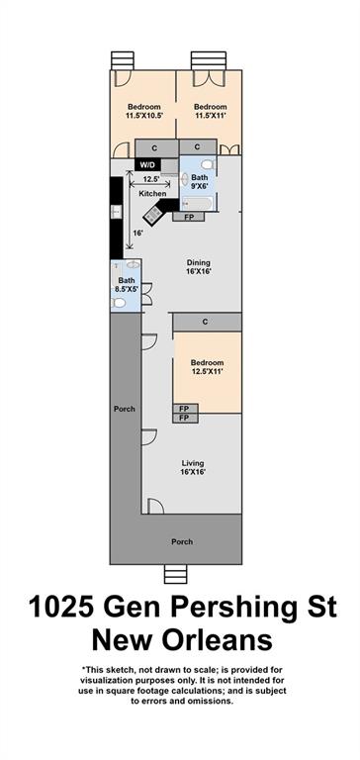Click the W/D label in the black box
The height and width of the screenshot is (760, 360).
[x=147, y=165]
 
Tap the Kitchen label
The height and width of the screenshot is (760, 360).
[x=152, y=194]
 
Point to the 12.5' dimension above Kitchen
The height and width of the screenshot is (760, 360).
[x=149, y=179]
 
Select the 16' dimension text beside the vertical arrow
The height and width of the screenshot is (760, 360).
[x=138, y=233]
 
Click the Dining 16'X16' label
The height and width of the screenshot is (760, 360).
[x=199, y=267]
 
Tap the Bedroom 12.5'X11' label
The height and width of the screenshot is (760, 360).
[x=207, y=367]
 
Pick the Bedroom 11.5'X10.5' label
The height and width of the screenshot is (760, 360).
[x=144, y=111]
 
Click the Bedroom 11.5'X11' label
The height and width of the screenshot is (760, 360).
[x=211, y=111]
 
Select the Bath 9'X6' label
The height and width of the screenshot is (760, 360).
[x=199, y=182]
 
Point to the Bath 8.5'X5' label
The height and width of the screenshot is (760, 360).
[x=127, y=285]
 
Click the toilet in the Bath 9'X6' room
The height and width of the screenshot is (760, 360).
[x=207, y=164]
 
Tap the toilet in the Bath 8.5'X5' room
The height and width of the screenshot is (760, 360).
[x=118, y=304]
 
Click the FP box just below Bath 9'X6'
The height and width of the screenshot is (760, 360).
[x=189, y=217]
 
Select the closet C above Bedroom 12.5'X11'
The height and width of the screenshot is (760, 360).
[x=208, y=322]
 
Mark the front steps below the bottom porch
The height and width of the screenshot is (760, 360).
[x=175, y=574]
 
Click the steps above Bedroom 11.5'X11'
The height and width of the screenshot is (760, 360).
[x=209, y=60]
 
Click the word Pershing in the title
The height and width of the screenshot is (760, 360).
[x=229, y=608]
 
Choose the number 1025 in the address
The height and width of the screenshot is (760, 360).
[x=57, y=608]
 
